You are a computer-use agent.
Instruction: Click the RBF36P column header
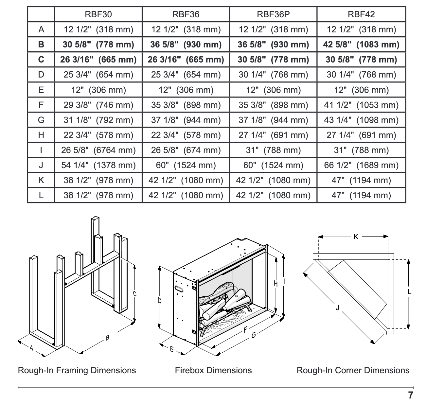(x=273, y=14)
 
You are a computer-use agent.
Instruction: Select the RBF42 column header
(x=361, y=14)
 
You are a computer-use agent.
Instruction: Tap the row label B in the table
(x=41, y=44)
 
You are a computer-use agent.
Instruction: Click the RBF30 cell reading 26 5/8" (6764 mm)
(x=98, y=150)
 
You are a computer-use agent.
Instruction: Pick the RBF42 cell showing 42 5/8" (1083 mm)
(x=361, y=44)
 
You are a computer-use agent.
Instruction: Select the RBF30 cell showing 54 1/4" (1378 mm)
(x=98, y=165)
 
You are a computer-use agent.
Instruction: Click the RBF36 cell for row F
(x=186, y=105)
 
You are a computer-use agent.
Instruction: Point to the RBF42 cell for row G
(x=361, y=120)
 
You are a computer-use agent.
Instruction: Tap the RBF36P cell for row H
(x=273, y=135)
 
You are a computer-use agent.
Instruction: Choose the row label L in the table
(x=41, y=195)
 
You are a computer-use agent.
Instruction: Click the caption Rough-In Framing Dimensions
(x=77, y=370)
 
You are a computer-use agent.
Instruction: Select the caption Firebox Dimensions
(x=213, y=370)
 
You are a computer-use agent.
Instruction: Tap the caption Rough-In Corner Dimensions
(x=353, y=370)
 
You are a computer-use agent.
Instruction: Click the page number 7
(x=411, y=395)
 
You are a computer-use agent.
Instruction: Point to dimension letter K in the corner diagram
(x=356, y=237)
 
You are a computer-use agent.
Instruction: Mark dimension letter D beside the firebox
(x=160, y=300)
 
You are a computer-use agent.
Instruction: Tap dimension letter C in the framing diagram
(x=134, y=294)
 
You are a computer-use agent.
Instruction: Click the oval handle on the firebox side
(x=179, y=289)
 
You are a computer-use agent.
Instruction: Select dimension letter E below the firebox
(x=171, y=349)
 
